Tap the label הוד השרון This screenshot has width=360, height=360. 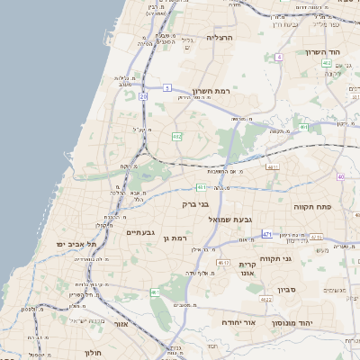click(321, 52)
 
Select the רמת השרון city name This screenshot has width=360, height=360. click(212, 91)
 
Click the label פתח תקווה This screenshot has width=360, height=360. click(314, 207)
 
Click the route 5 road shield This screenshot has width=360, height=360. click(166, 87)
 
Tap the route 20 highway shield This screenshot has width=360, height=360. click(143, 95)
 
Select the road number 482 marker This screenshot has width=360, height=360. click(177, 137)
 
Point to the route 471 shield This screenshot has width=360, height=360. click(267, 234)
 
